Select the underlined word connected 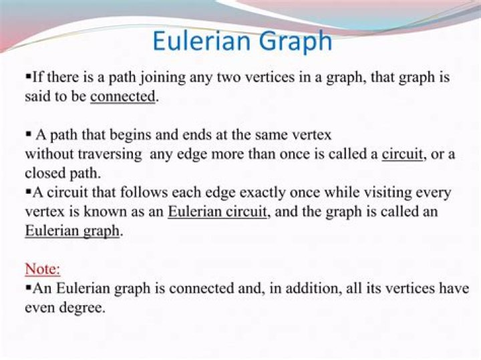coord(123,96)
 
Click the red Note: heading coord(43,269)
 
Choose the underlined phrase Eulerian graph coord(72,231)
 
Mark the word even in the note coord(41,308)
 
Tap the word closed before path coord(45,174)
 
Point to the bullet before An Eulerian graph coord(28,289)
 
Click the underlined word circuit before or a coord(403,154)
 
